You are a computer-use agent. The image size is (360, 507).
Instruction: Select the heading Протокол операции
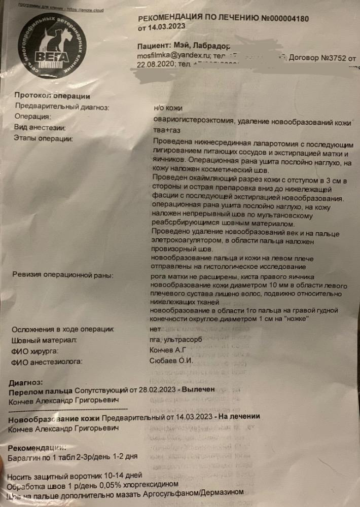(x=52, y=96)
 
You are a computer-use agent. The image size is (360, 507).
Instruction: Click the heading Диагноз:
(x=26, y=382)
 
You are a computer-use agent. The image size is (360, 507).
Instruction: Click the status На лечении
(x=238, y=417)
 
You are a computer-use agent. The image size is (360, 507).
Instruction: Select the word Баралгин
(x=26, y=457)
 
